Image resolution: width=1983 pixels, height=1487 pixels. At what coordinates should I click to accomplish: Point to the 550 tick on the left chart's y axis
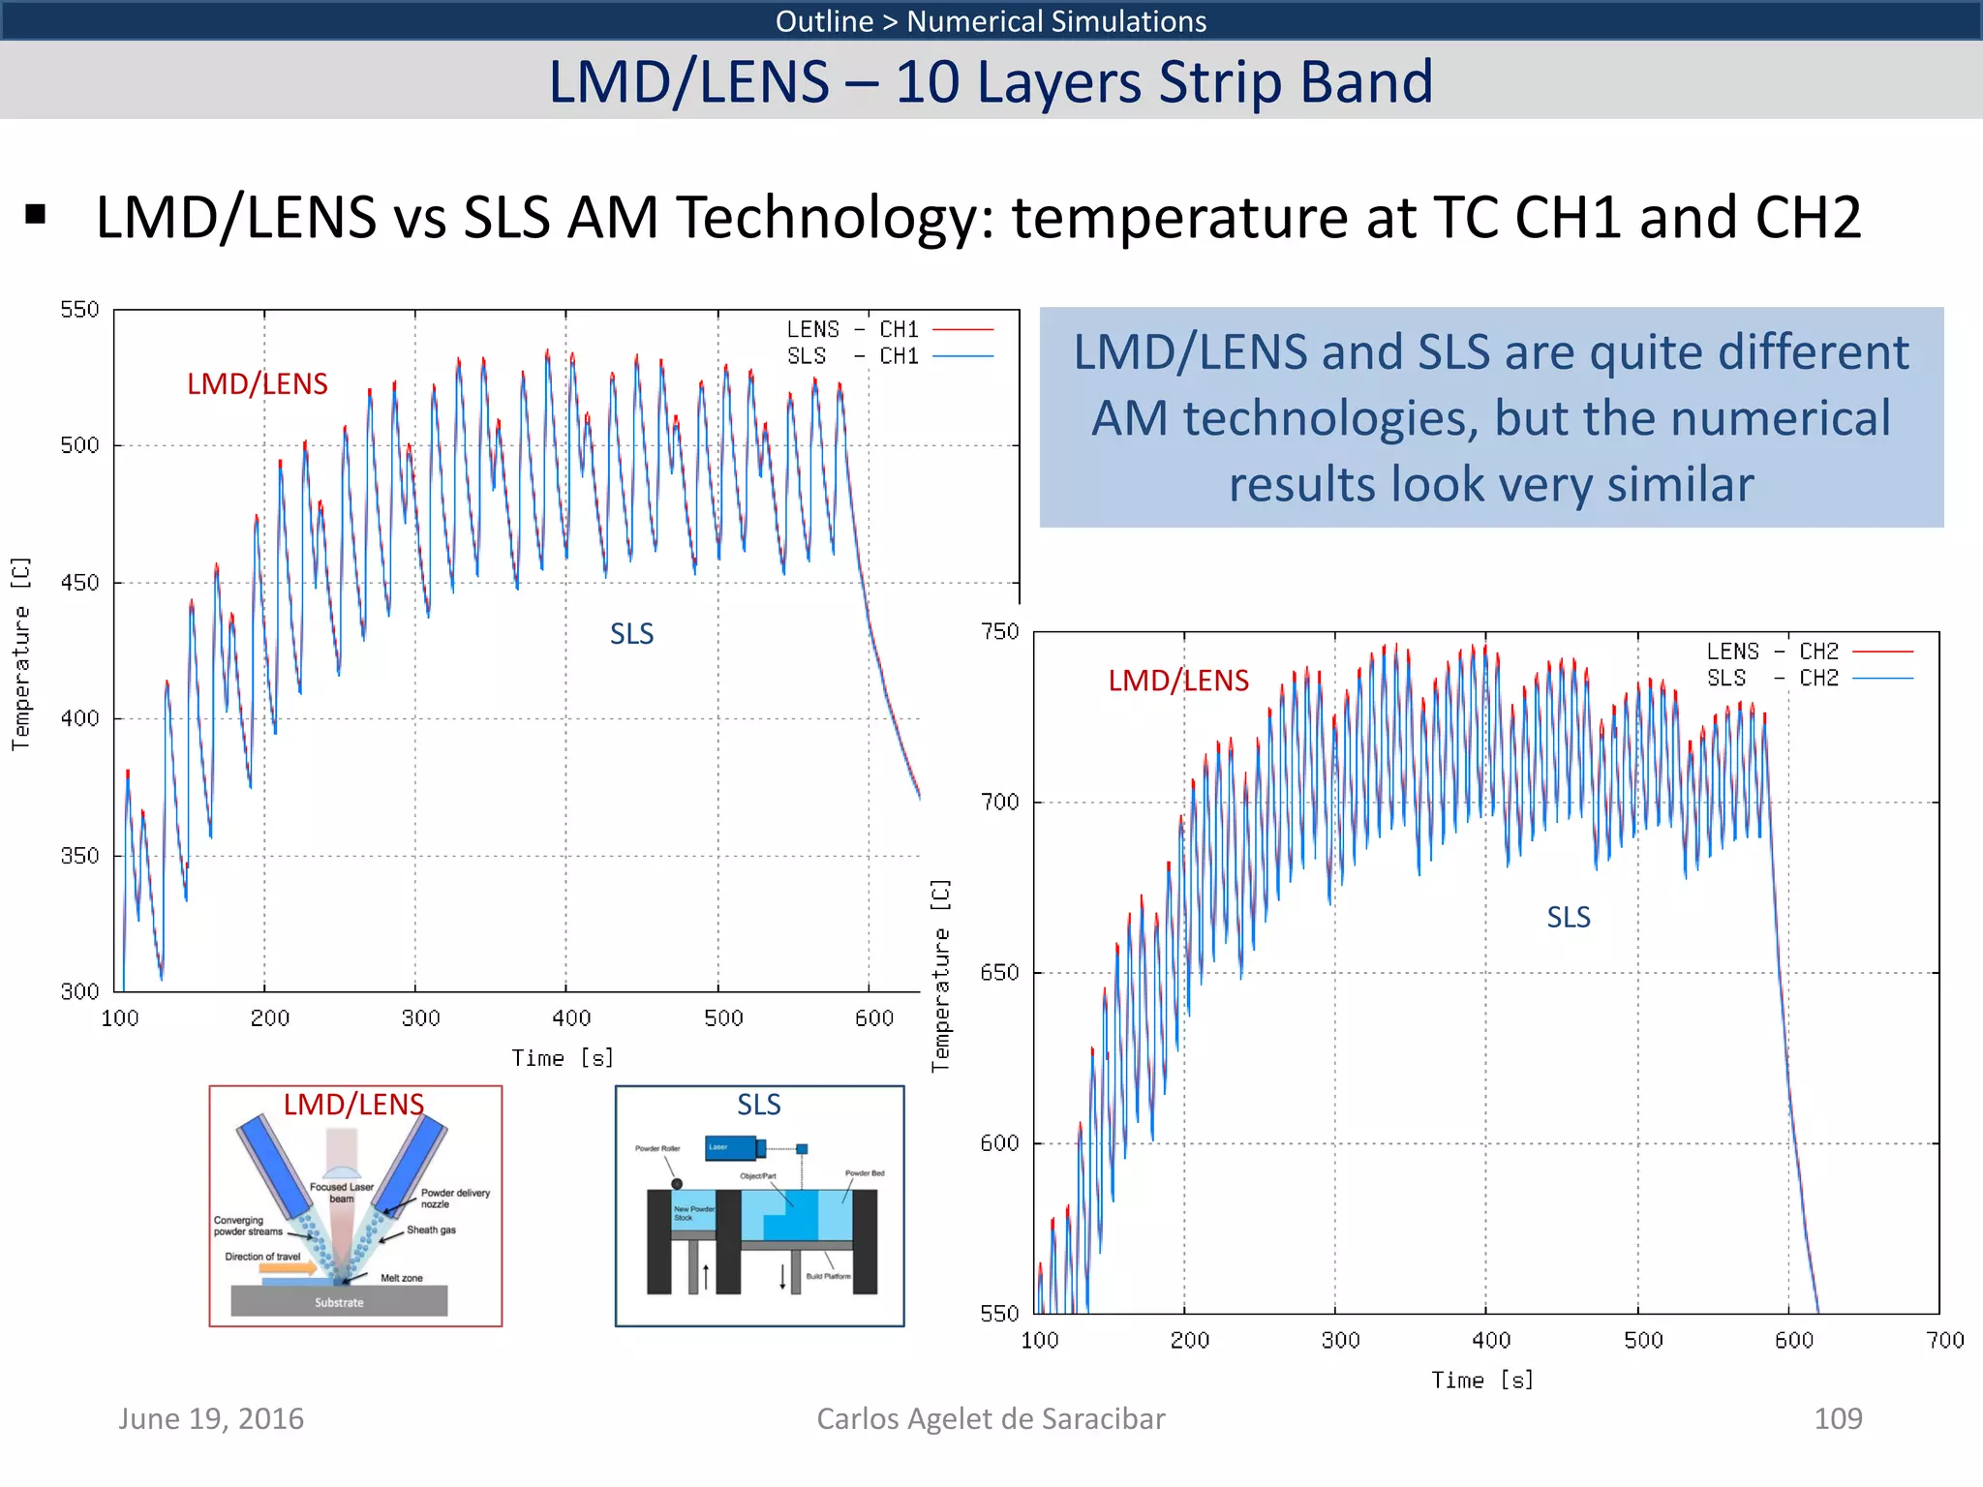[x=79, y=310]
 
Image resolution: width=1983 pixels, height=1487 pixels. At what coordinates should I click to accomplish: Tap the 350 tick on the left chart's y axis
[x=79, y=856]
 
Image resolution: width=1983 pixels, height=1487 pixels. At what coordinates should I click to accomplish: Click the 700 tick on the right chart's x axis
[x=1944, y=1340]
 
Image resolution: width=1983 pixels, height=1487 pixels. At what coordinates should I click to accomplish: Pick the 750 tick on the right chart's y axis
[x=999, y=632]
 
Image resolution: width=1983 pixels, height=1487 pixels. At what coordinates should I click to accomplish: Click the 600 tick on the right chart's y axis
[x=999, y=1143]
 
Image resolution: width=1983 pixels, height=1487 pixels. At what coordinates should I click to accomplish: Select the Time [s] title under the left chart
[x=563, y=1058]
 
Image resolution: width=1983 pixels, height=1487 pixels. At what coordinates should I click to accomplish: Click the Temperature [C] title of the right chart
[x=940, y=976]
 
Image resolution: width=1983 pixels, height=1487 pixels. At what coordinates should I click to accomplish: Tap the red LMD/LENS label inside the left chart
[x=257, y=384]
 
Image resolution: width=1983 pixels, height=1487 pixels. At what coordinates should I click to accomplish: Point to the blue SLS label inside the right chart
[x=1568, y=917]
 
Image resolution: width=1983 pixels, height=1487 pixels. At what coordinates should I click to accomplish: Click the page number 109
[x=1837, y=1418]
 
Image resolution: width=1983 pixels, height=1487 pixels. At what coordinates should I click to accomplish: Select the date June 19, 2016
[x=211, y=1418]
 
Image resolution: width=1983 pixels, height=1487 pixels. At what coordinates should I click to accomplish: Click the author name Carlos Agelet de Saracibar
[x=991, y=1418]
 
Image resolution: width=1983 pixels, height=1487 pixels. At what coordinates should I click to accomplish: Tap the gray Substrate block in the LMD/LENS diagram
[x=339, y=1301]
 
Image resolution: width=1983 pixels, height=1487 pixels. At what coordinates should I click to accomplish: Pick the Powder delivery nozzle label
[x=454, y=1199]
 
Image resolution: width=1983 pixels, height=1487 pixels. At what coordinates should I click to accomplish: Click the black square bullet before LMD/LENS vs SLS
[x=36, y=215]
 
